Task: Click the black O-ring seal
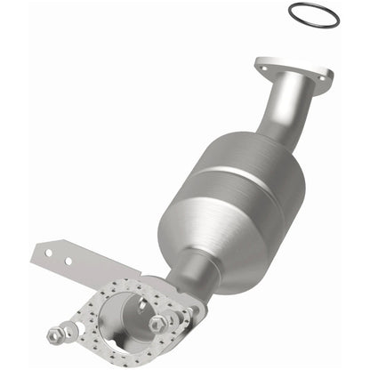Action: click(x=314, y=7)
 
